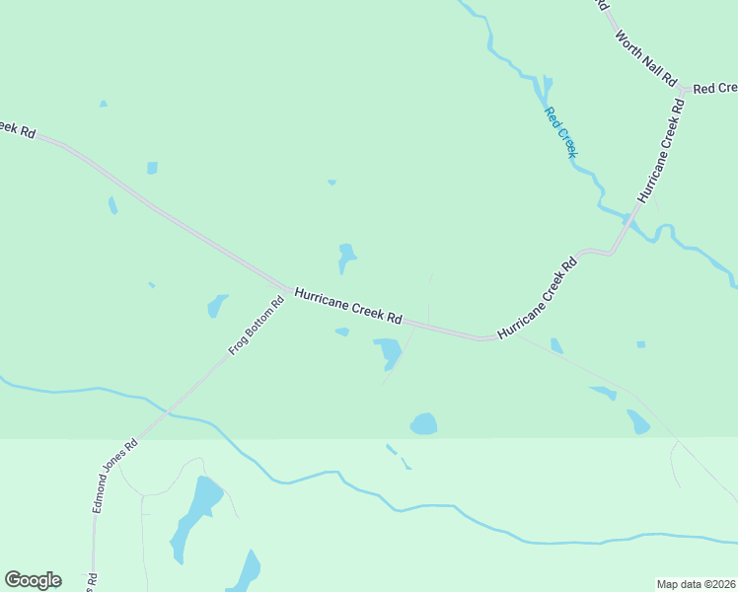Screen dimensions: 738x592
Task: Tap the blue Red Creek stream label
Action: pos(560,129)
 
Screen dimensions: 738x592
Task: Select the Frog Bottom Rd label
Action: pos(257,326)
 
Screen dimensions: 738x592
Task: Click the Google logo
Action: pos(33,580)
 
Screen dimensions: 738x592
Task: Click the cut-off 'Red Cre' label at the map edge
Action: pos(714,89)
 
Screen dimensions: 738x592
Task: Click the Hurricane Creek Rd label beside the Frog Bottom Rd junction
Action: pos(348,306)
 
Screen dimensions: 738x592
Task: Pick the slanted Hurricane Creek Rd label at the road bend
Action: pos(538,299)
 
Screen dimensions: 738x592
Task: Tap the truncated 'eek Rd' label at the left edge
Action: pos(17,129)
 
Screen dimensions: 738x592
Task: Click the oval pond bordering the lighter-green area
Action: pos(423,424)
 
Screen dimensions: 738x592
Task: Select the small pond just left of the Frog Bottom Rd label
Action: pos(217,306)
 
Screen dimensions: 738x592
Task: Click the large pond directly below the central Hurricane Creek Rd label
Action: pos(387,350)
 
